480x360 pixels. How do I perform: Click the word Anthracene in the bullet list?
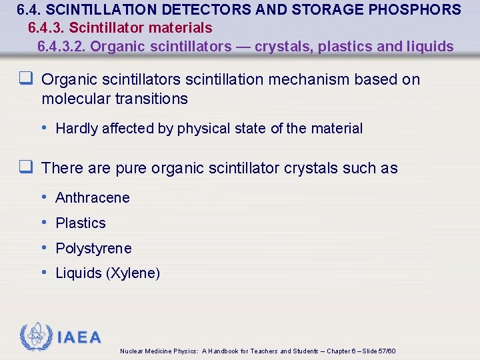(x=93, y=198)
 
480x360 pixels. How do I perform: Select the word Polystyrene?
(x=93, y=249)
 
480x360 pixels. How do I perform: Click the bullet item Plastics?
(x=81, y=223)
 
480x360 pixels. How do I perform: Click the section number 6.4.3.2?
(x=61, y=47)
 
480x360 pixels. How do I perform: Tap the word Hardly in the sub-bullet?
(x=77, y=129)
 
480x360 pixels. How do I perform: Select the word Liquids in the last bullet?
(x=79, y=274)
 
